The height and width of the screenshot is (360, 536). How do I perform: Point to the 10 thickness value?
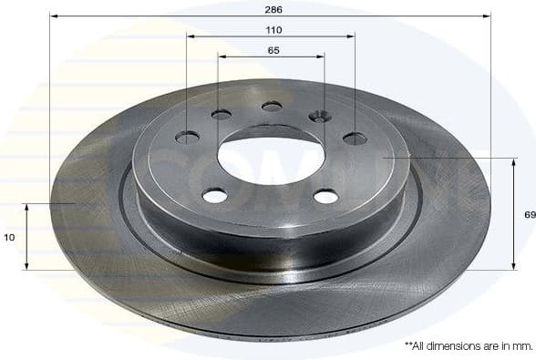pos(9,237)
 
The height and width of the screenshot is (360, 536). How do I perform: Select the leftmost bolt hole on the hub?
pos(187,137)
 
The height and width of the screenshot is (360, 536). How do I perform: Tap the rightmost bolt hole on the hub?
pos(355,139)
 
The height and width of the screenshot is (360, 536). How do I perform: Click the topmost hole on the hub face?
pos(272,107)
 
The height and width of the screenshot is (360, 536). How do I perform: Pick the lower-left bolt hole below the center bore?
pos(215,195)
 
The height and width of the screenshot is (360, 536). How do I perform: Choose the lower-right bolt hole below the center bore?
pos(325,196)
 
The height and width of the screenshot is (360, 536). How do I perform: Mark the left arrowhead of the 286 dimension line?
pos(53,16)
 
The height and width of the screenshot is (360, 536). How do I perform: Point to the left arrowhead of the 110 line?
pos(191,36)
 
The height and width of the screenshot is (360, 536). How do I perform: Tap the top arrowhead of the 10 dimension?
pos(26,207)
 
